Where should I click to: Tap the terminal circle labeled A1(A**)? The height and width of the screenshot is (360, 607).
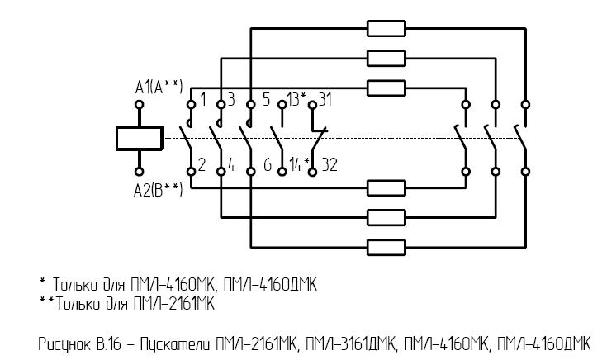[x=140, y=105]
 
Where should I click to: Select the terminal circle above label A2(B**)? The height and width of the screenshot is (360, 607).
[x=140, y=172]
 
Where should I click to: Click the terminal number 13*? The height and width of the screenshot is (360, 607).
[x=297, y=99]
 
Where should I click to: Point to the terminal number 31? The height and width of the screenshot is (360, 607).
[x=325, y=99]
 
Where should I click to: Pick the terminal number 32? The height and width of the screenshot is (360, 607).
[x=330, y=164]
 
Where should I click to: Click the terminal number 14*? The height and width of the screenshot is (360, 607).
[x=300, y=165]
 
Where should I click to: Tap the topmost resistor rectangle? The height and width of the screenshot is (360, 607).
[x=386, y=29]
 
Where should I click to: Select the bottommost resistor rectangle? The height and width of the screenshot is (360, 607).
[x=386, y=248]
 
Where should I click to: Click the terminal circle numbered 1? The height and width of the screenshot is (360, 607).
[x=191, y=105]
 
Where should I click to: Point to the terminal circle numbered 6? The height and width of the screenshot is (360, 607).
[x=251, y=172]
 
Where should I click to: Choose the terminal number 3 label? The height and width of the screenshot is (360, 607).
[x=231, y=99]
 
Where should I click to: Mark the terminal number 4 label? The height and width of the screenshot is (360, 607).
[x=231, y=165]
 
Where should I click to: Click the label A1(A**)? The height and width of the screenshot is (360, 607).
[x=159, y=87]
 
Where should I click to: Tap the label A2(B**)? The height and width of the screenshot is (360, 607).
[x=158, y=190]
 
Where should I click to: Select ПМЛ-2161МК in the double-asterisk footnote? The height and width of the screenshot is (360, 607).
[x=173, y=304]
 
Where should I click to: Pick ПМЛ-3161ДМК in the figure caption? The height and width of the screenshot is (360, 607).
[x=352, y=343]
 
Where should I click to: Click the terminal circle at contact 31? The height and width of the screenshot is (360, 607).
[x=312, y=105]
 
